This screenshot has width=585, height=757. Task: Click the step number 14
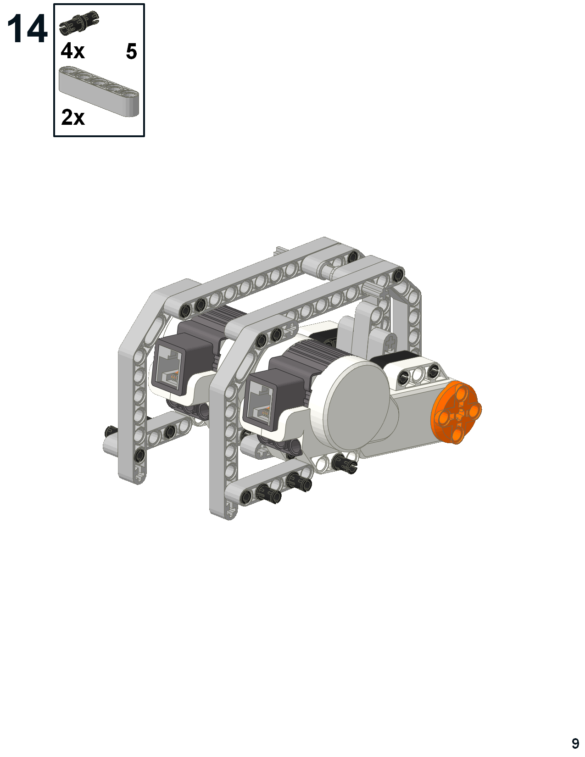[27, 29]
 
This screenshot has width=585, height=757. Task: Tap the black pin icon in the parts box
[79, 23]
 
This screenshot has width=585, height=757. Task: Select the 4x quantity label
[72, 51]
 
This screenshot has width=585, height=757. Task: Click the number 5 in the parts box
[131, 52]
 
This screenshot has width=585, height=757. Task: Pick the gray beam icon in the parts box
[99, 90]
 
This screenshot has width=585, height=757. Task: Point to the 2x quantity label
[73, 117]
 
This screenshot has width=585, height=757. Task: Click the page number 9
[575, 743]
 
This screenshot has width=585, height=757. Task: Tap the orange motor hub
[456, 413]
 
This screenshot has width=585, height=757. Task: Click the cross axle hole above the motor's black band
[390, 342]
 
